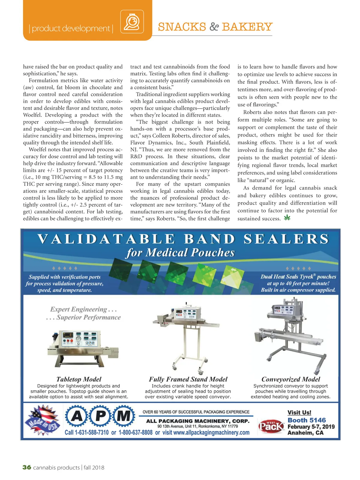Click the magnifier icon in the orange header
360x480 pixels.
(132, 22)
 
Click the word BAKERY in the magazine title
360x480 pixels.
(247, 27)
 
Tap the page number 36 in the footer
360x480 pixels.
(27, 467)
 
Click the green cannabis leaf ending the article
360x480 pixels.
(287, 218)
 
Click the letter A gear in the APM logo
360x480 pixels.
(77, 416)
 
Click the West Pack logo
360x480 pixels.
(271, 426)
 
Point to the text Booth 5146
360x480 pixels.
(307, 420)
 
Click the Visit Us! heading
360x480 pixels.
(299, 412)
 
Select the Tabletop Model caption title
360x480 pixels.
(79, 379)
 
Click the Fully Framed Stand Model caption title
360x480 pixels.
(188, 379)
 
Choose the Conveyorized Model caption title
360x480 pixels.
(291, 379)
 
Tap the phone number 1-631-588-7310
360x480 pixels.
(91, 433)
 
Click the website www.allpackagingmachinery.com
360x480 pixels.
(211, 433)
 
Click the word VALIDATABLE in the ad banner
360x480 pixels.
(106, 239)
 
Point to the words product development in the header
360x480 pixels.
(71, 28)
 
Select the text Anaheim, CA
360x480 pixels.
(305, 433)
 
